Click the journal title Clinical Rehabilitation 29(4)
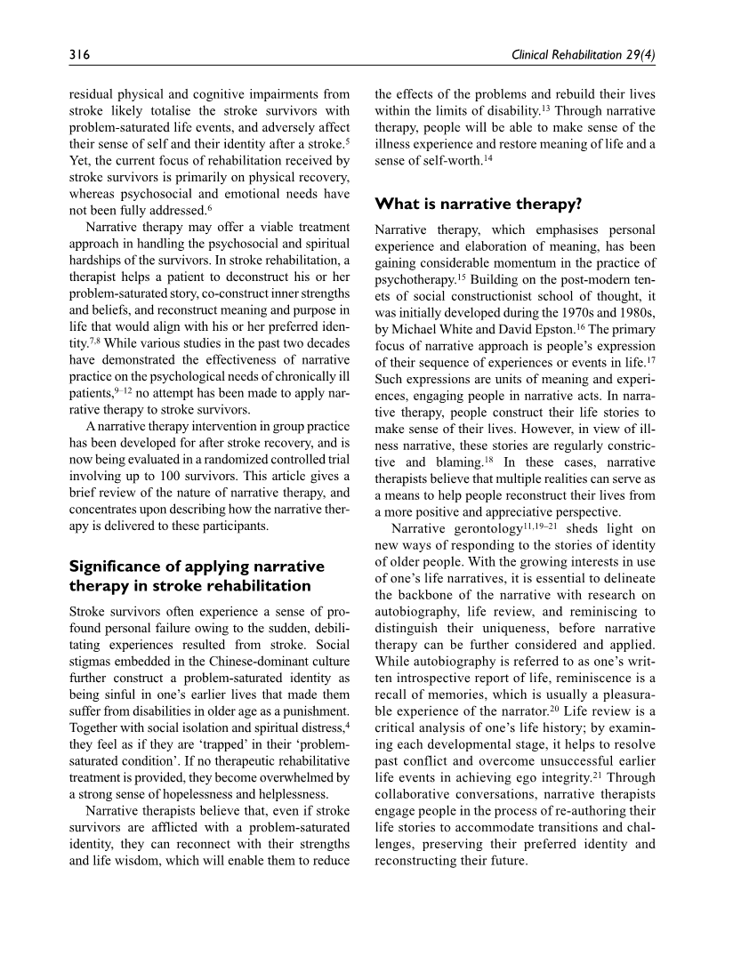click(583, 56)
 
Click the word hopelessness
click(205, 793)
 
